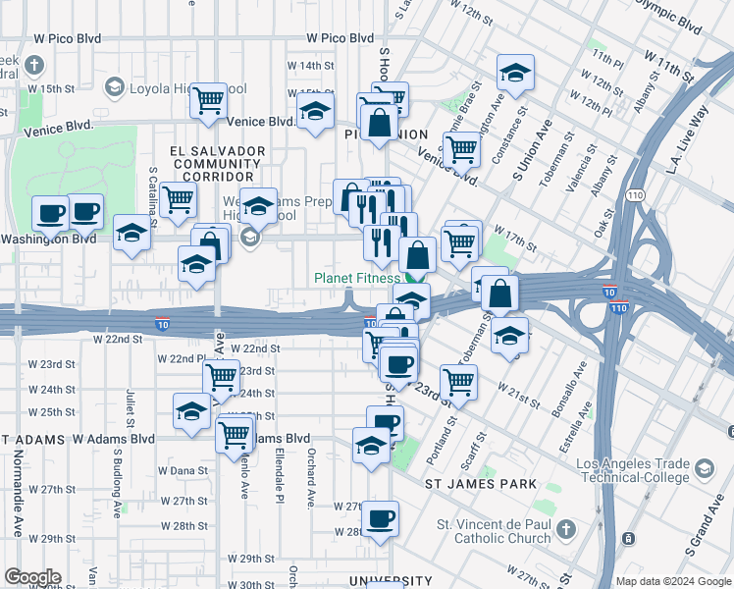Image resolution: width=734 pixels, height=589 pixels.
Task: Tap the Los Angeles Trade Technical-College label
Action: (x=632, y=470)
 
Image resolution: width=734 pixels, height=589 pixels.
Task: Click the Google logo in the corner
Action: (x=32, y=577)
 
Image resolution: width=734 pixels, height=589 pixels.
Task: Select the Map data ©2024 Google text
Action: (x=673, y=581)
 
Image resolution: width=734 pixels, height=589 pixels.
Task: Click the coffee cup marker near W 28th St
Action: (x=380, y=517)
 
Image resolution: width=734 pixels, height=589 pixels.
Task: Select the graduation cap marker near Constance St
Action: (x=515, y=73)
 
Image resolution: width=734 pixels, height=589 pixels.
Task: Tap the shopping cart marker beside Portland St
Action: (x=458, y=381)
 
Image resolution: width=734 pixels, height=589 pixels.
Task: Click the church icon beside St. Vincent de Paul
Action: (x=565, y=531)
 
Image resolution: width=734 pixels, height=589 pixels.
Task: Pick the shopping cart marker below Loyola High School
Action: (x=208, y=99)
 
